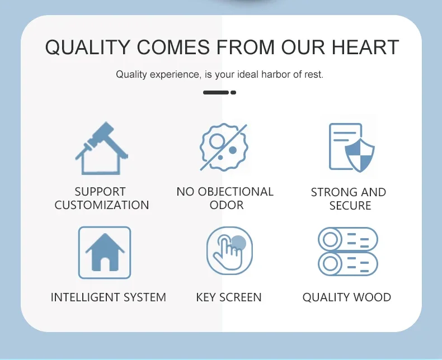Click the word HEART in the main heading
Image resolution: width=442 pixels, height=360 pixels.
[365, 47]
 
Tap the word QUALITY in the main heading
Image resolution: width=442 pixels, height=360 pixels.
[88, 48]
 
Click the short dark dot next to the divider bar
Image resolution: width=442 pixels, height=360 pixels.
[233, 92]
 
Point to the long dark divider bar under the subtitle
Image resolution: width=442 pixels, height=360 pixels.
[216, 92]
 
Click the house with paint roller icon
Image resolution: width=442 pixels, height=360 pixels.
[102, 148]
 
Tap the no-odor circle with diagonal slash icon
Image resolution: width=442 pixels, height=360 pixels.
[224, 147]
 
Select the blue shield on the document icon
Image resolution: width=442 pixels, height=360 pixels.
[360, 155]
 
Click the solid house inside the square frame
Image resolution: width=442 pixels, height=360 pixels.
[105, 253]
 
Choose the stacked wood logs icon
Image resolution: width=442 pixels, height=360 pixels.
[348, 251]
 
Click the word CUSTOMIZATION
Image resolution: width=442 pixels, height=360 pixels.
[102, 205]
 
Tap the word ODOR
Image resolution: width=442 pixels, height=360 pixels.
[227, 205]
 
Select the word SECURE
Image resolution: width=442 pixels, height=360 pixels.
[350, 206]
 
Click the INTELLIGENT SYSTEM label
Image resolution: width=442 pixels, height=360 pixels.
[109, 297]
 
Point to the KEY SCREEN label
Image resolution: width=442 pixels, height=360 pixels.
[229, 297]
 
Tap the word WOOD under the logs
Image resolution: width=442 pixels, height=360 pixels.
[372, 297]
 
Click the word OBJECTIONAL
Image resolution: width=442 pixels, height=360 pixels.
[236, 192]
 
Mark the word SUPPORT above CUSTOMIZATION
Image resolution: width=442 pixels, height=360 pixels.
[100, 192]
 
